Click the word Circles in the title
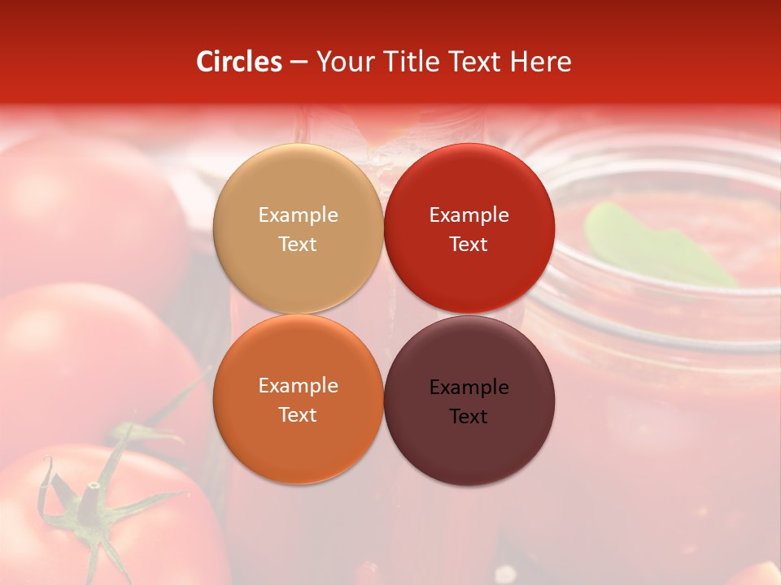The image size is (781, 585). click(x=238, y=62)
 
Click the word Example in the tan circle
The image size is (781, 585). click(x=298, y=215)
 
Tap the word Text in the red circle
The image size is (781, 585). click(x=469, y=245)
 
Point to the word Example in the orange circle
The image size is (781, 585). click(x=298, y=386)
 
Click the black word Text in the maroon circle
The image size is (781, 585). click(x=469, y=417)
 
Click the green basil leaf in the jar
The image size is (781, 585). click(x=651, y=244)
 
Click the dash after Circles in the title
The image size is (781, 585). click(x=299, y=63)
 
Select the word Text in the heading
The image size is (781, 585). click(x=475, y=62)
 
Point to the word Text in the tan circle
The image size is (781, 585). click(x=298, y=245)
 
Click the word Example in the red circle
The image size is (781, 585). click(x=469, y=215)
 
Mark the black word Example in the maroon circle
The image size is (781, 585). click(x=469, y=388)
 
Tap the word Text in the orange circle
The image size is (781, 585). click(x=298, y=415)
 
